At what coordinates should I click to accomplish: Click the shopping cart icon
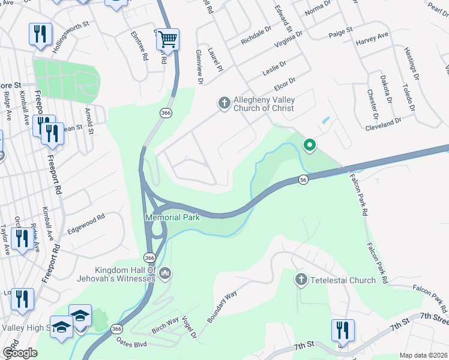pos(167,40)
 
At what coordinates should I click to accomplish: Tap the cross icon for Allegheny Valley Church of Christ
pos(224,104)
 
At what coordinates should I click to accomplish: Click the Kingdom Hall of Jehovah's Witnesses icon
pos(165,275)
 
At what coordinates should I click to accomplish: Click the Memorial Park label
pos(172,217)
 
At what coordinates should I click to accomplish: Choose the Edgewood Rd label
pos(86,220)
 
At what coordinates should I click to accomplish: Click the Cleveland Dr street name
pos(383,122)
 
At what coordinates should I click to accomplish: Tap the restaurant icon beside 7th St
pos(343,331)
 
